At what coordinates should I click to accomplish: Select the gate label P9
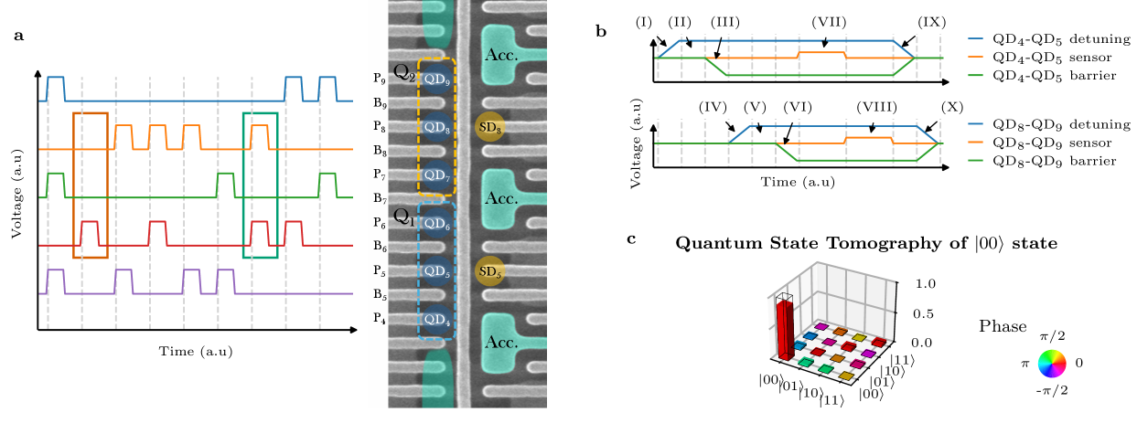pyautogui.click(x=380, y=79)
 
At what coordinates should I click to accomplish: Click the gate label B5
pyautogui.click(x=380, y=296)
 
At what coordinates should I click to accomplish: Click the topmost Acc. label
pyautogui.click(x=502, y=54)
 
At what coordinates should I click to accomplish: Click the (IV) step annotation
pyautogui.click(x=713, y=107)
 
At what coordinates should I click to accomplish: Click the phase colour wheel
pyautogui.click(x=1052, y=364)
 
